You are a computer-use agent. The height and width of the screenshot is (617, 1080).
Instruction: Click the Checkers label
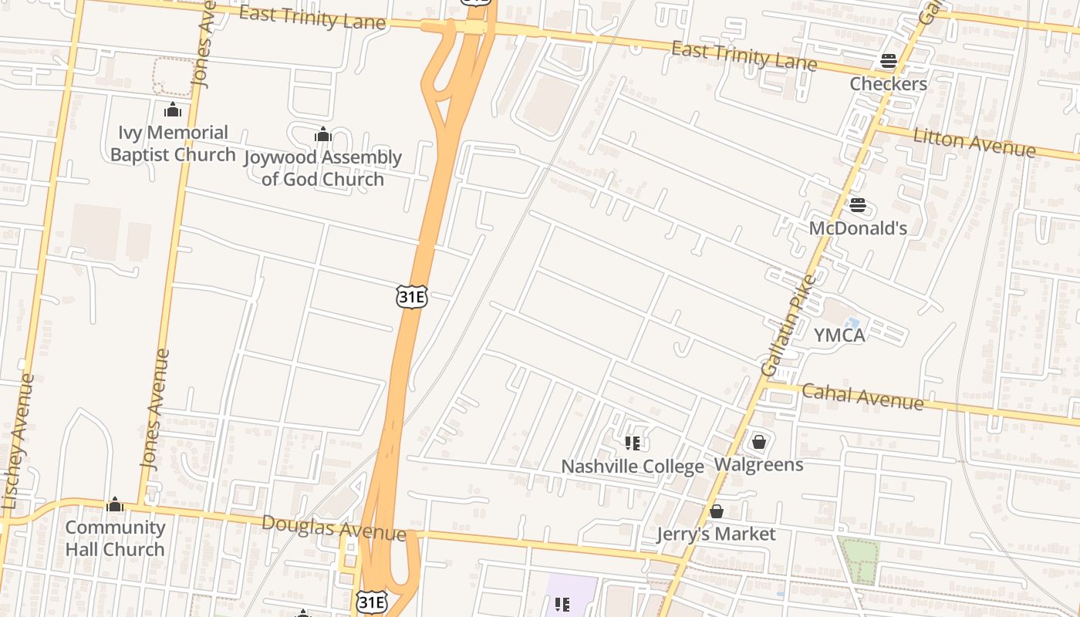click(x=888, y=83)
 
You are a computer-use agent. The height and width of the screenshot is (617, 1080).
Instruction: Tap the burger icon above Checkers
click(x=888, y=61)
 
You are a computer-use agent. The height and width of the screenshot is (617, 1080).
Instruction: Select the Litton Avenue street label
click(x=974, y=142)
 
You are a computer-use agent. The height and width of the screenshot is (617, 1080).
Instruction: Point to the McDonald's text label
click(x=858, y=228)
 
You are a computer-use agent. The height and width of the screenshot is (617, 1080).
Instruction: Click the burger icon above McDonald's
click(x=858, y=205)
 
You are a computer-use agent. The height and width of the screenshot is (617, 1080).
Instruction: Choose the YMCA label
click(x=839, y=335)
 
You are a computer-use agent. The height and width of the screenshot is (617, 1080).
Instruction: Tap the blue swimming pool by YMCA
click(x=852, y=323)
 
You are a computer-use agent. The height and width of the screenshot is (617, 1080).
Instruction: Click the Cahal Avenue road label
click(x=862, y=396)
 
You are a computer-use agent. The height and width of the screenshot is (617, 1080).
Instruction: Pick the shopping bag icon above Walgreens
click(x=759, y=442)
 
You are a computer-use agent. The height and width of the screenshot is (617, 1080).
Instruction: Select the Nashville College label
click(x=632, y=467)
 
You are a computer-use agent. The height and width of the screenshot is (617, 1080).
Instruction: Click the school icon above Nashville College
click(x=633, y=443)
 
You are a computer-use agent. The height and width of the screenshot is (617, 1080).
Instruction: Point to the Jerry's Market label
click(x=716, y=534)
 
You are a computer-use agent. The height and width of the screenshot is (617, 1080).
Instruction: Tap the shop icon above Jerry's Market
click(x=716, y=511)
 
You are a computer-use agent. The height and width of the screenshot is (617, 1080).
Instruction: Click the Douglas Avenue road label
click(x=333, y=528)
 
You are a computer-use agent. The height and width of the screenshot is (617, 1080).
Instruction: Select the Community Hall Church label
click(x=115, y=538)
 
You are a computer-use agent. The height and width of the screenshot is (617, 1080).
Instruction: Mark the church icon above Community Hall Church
click(x=115, y=505)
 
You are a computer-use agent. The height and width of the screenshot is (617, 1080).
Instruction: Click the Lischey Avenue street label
click(x=19, y=441)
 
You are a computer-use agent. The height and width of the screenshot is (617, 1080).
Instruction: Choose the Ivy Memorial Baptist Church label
click(x=173, y=143)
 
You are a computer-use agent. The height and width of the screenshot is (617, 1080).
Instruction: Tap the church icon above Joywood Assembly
click(x=322, y=135)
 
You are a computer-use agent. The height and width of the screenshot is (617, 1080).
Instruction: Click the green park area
click(x=859, y=560)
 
